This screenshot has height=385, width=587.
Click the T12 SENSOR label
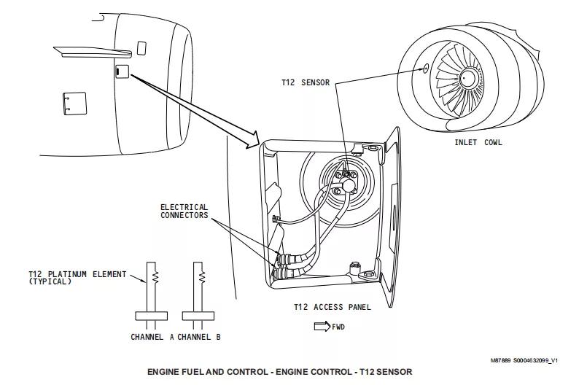(306, 82)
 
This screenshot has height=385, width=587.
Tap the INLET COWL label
(478, 142)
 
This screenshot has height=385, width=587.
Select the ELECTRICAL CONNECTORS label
(184, 211)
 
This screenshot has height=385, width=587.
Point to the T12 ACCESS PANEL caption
(333, 307)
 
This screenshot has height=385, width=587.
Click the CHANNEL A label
(152, 337)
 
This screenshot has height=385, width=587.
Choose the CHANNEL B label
(199, 337)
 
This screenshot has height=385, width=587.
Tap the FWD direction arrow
(322, 326)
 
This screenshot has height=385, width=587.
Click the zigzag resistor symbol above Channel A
(155, 277)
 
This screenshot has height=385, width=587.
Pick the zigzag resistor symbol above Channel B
(202, 277)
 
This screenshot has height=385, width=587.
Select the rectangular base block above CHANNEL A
(151, 316)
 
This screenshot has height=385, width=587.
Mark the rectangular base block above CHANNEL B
(198, 316)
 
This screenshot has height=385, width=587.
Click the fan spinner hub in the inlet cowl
(467, 78)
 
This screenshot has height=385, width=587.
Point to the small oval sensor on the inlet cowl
(426, 68)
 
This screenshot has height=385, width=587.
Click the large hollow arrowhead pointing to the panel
(252, 139)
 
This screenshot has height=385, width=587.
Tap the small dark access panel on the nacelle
(122, 71)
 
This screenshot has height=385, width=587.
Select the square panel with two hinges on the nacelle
(75, 104)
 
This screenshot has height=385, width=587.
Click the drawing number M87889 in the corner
(500, 361)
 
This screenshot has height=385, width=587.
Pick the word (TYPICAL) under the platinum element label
(50, 281)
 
